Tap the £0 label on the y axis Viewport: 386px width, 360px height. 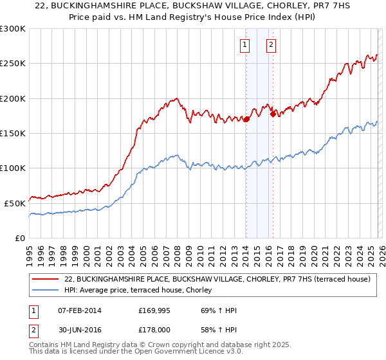tap(21, 238)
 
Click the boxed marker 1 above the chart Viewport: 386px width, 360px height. tap(246, 45)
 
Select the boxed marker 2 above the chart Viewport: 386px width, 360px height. tap(271, 45)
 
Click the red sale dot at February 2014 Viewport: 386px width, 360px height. tap(246, 119)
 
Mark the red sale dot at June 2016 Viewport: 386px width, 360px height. tap(273, 114)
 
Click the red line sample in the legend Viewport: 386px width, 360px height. tap(45, 280)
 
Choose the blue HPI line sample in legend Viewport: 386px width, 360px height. tap(45, 291)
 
